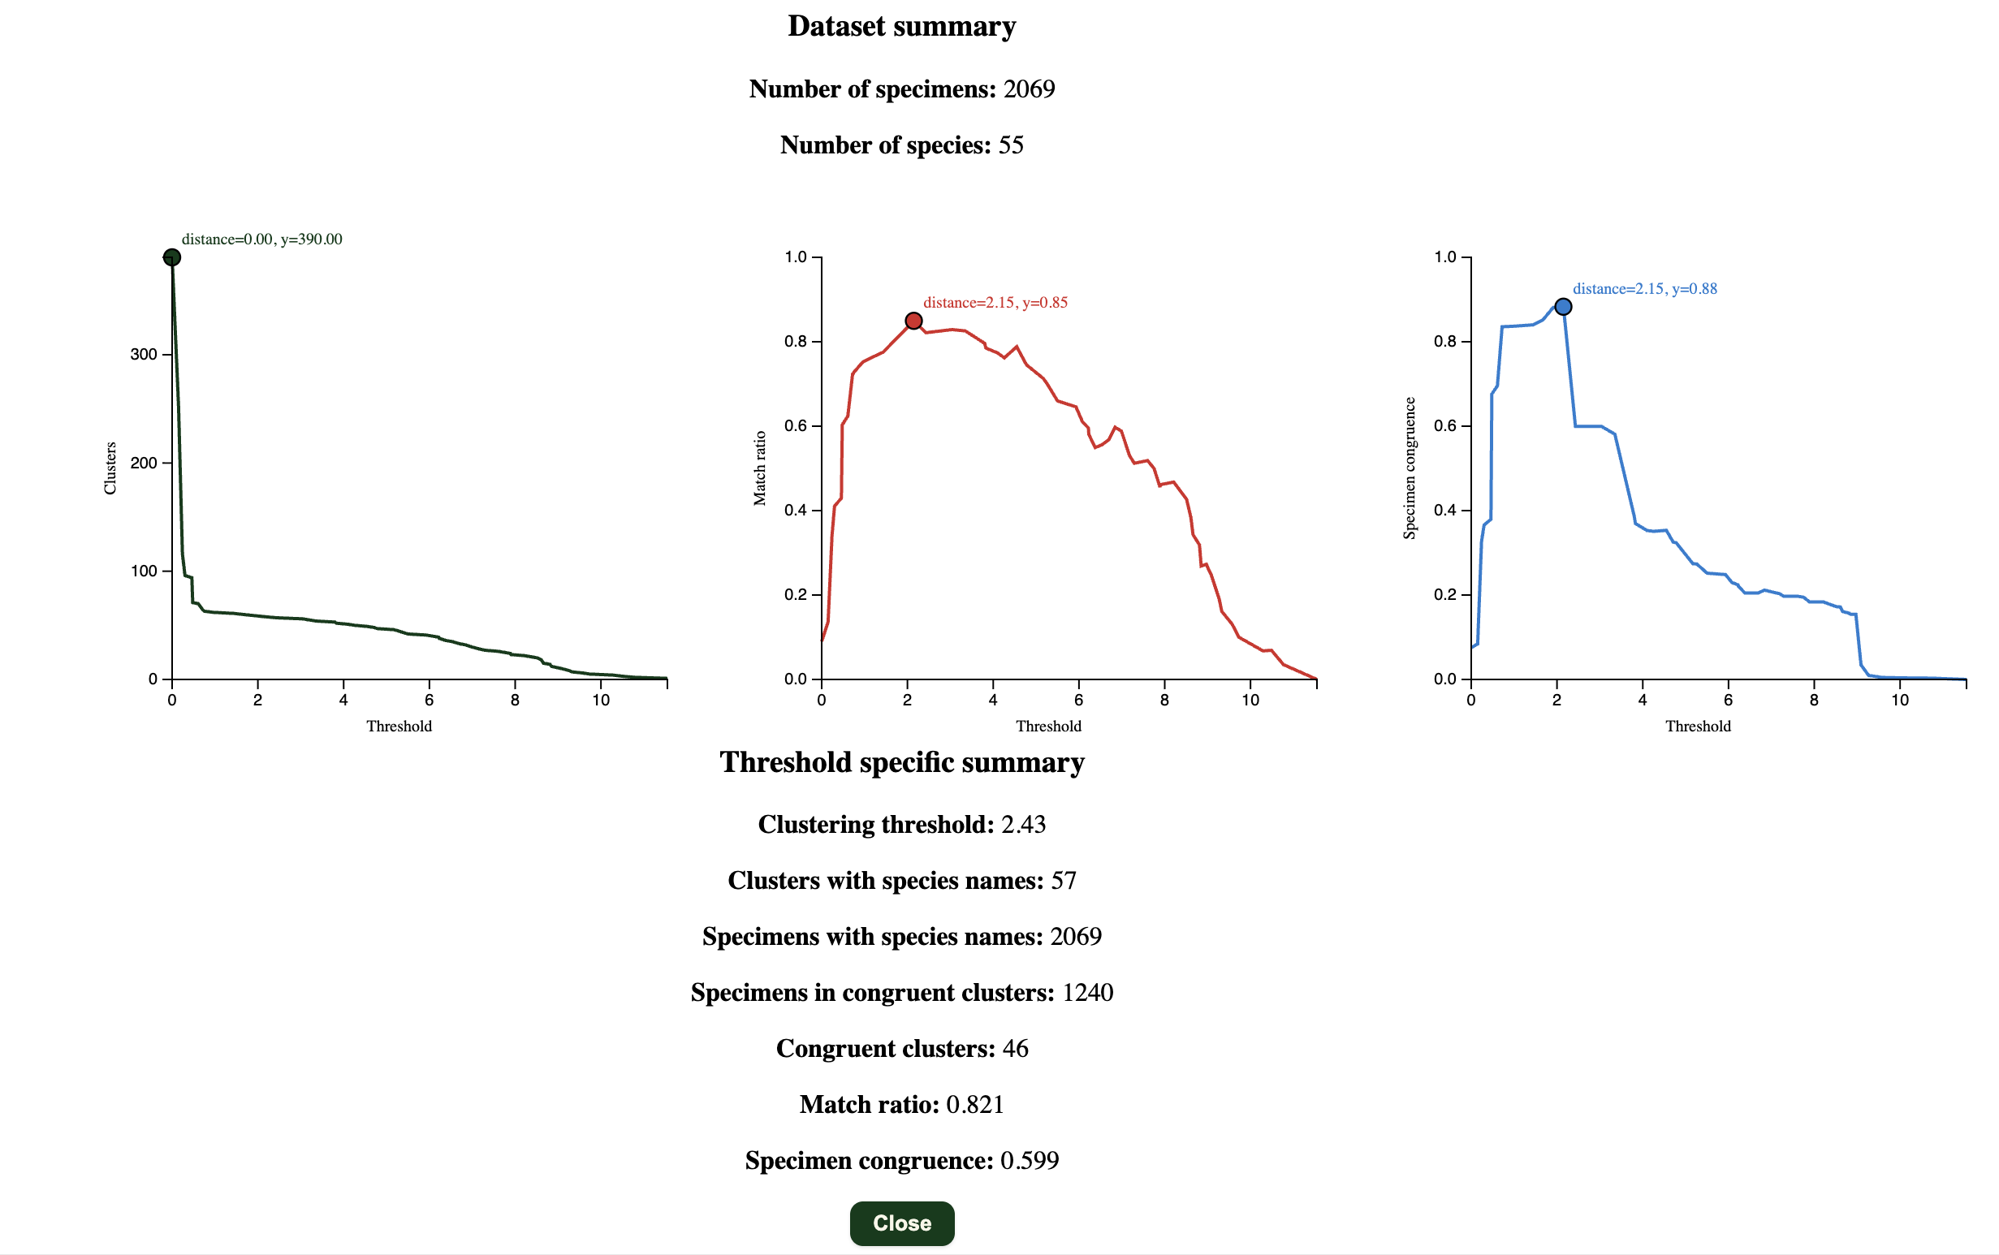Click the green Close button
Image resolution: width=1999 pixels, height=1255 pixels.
point(901,1223)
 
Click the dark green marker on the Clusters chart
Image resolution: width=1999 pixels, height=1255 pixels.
point(172,257)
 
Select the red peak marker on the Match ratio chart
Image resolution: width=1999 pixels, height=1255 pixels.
point(913,321)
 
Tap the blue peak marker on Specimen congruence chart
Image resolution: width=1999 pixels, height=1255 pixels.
point(1562,307)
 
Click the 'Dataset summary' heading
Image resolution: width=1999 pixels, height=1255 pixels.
point(901,27)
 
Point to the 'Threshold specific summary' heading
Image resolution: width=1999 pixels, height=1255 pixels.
point(901,762)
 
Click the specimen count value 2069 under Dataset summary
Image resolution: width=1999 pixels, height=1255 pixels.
point(1029,88)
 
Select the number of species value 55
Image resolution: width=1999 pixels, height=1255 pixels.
point(1010,145)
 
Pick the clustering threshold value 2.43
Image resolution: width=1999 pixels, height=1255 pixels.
point(1023,824)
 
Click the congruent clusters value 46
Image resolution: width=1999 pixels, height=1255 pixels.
point(1015,1048)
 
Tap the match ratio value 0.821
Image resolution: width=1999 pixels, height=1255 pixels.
point(974,1104)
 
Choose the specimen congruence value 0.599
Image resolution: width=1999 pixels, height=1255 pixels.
point(1030,1160)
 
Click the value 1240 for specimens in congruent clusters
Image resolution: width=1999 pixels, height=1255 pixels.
point(1087,992)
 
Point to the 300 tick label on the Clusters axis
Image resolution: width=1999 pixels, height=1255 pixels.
point(143,355)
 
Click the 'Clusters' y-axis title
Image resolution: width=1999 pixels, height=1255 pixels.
point(110,468)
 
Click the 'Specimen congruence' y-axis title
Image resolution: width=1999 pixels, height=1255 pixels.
point(1409,468)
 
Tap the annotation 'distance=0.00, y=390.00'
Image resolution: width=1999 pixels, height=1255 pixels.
point(261,239)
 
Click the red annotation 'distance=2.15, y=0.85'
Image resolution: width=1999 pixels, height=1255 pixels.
point(995,303)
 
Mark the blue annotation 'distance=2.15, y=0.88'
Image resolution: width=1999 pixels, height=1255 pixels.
point(1644,289)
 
